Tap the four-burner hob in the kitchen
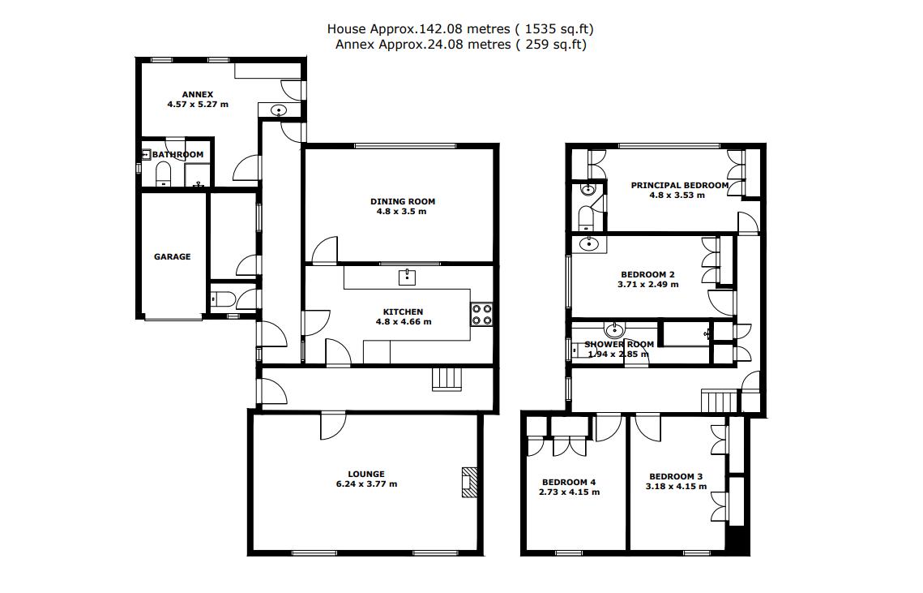(x=482, y=314)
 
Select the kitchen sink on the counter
(x=407, y=277)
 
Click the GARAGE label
(x=173, y=256)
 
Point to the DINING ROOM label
(x=403, y=201)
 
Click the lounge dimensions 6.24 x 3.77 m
(x=366, y=484)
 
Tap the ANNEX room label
(x=197, y=94)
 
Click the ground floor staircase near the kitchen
(x=447, y=379)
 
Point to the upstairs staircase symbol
(x=720, y=400)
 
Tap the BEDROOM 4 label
(x=569, y=482)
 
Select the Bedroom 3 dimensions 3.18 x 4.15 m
(x=676, y=487)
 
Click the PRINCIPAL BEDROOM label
(x=679, y=185)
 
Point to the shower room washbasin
(x=616, y=329)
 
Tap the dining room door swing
(x=326, y=251)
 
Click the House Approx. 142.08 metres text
(x=466, y=29)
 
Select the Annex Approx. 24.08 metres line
(x=460, y=45)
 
